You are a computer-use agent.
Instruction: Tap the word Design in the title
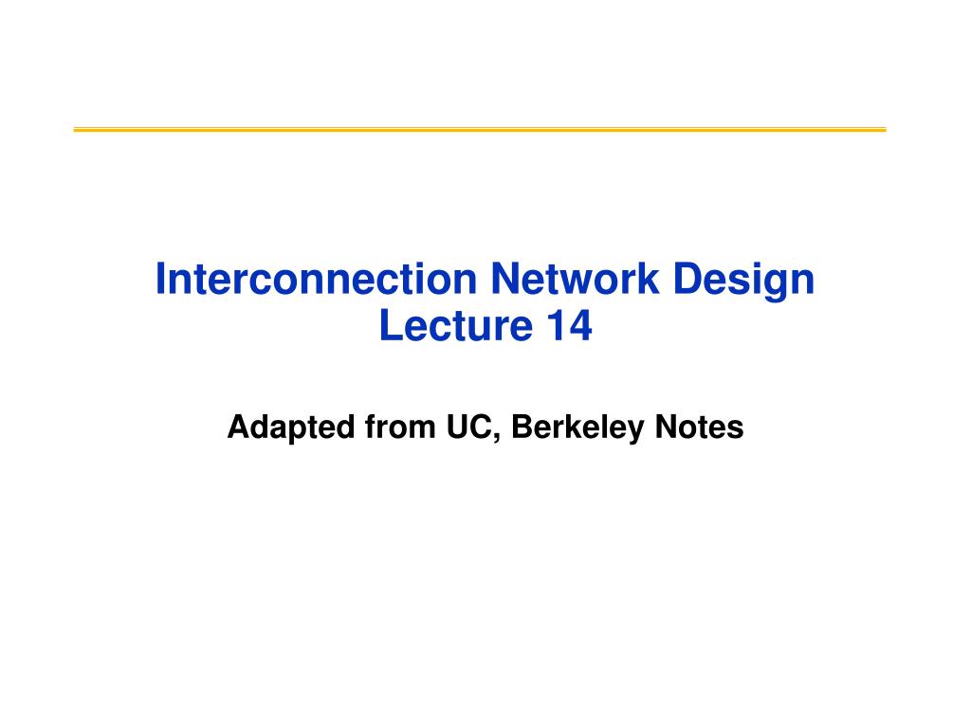click(x=747, y=281)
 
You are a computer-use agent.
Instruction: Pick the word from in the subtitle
click(x=395, y=428)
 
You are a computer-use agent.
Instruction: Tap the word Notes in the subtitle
click(x=699, y=428)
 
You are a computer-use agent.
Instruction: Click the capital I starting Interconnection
click(x=160, y=281)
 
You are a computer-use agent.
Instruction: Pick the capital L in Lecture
click(x=388, y=326)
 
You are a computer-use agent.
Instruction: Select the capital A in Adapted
click(x=237, y=428)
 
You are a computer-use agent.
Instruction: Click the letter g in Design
click(x=778, y=284)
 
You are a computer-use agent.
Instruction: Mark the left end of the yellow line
click(x=76, y=129)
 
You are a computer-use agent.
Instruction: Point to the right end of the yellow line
click(x=884, y=129)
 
